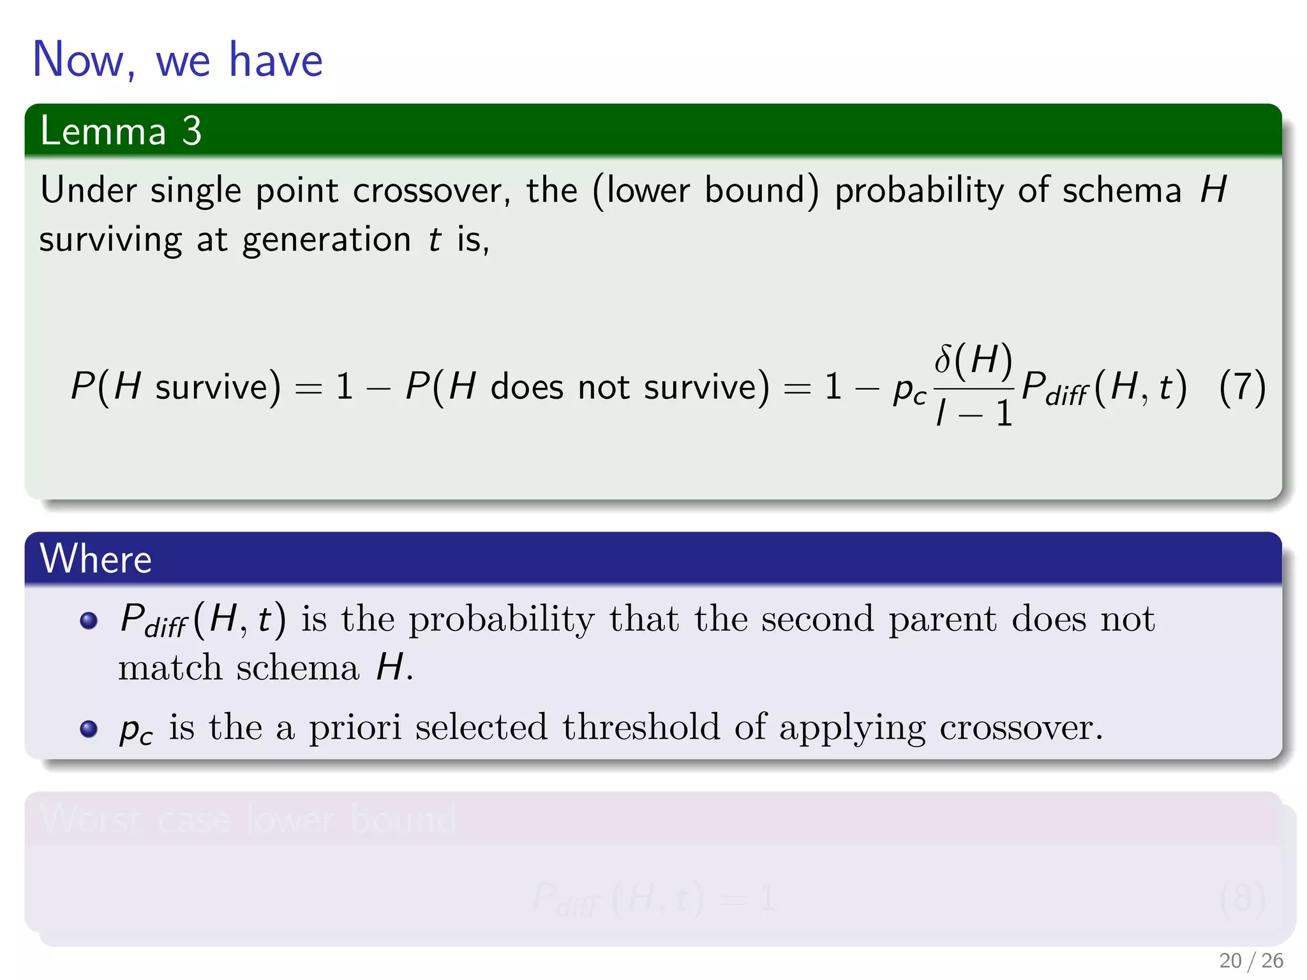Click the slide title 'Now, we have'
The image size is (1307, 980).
(177, 59)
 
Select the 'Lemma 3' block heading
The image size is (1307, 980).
(121, 131)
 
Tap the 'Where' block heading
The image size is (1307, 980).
(96, 559)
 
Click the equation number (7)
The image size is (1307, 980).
(1242, 387)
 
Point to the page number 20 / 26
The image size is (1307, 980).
(1251, 960)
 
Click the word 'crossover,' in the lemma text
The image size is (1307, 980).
(431, 191)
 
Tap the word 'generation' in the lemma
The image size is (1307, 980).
(326, 241)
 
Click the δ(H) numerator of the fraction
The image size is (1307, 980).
(973, 359)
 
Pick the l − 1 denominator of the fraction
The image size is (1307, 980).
(974, 413)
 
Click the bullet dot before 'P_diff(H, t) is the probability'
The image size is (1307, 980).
(89, 620)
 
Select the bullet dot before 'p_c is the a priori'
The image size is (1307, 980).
(89, 728)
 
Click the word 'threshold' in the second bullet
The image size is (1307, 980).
(641, 727)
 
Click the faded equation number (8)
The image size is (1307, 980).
(1242, 898)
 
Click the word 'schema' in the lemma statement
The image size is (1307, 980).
(1121, 191)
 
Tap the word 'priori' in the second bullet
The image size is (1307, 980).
(355, 727)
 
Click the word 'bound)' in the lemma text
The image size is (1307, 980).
(761, 191)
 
